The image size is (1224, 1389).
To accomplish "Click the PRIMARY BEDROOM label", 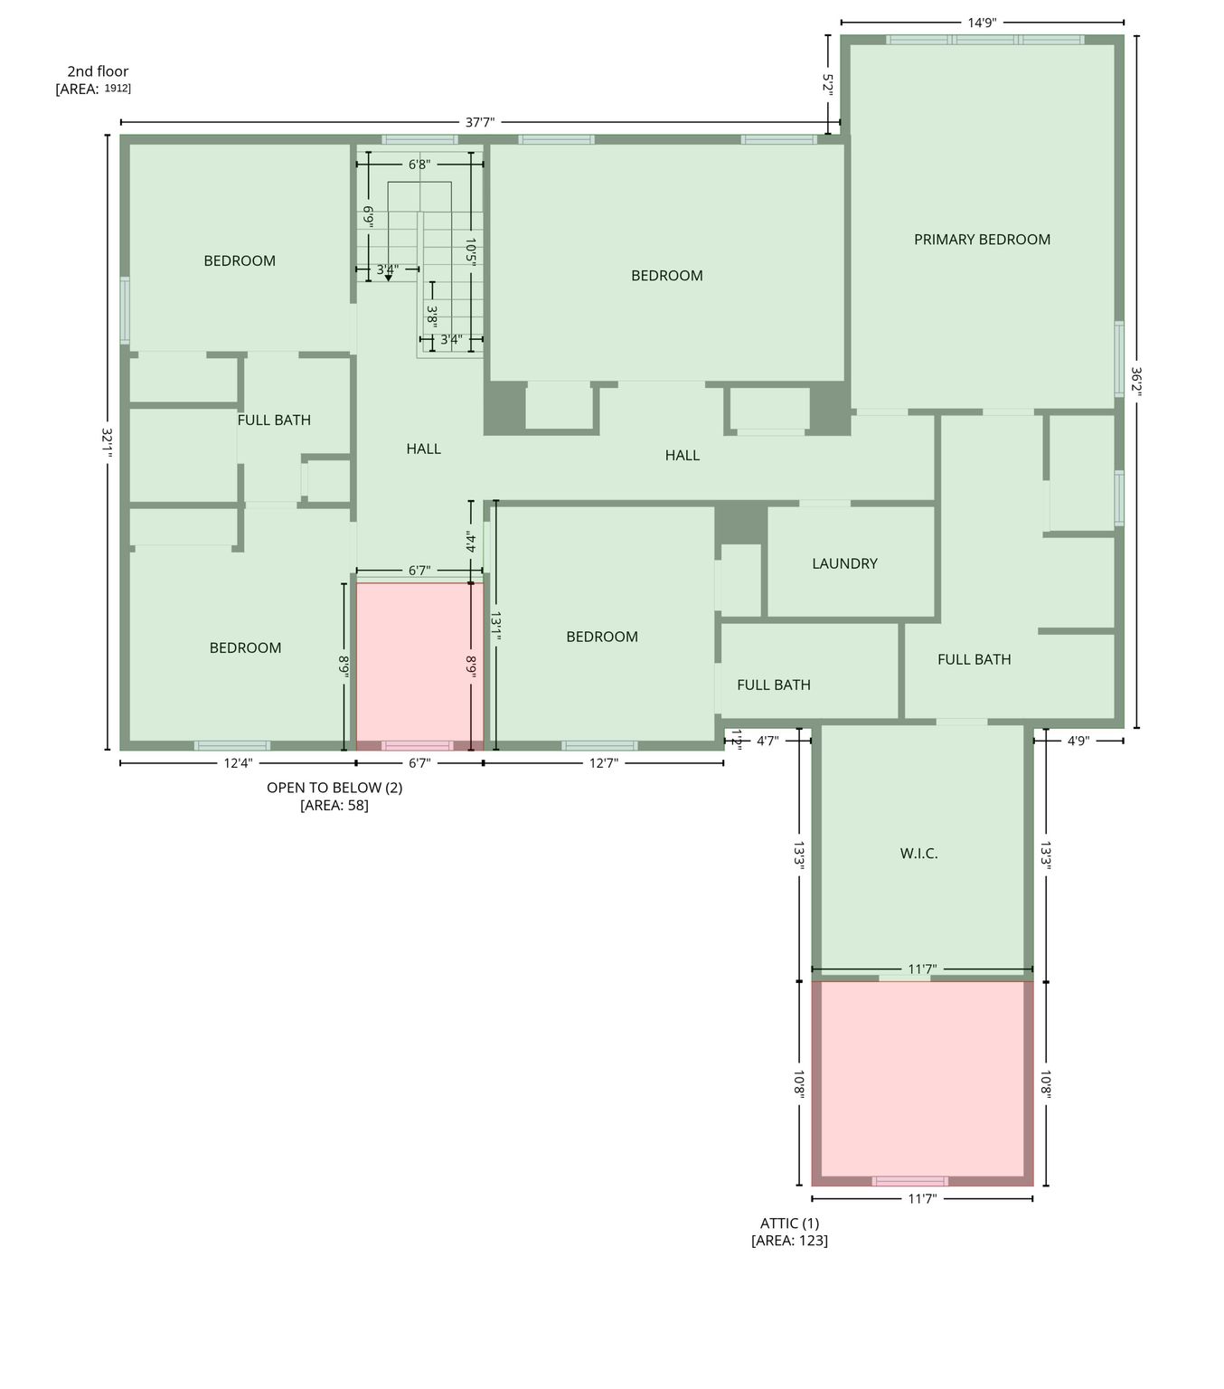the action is (x=982, y=240).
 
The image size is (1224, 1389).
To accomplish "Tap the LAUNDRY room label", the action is (x=844, y=563).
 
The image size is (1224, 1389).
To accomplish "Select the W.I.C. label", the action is (x=918, y=854).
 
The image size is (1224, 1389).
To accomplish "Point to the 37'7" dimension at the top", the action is (x=480, y=123).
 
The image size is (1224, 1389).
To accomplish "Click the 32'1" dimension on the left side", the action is (x=107, y=443).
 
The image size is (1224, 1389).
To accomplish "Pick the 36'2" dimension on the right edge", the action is (x=1135, y=382).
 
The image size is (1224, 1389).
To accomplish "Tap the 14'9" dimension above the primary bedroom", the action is (x=982, y=23).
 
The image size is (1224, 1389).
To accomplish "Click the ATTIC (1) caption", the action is (x=789, y=1224).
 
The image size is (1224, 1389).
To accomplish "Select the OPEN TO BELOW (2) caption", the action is (x=334, y=788).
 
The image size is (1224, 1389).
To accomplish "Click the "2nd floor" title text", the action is (x=98, y=71).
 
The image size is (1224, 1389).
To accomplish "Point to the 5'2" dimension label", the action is (x=827, y=85).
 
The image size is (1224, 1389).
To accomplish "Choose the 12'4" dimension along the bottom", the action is (x=238, y=763).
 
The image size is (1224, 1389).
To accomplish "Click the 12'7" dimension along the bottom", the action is (x=603, y=763).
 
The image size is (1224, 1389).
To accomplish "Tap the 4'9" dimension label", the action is (x=1078, y=741).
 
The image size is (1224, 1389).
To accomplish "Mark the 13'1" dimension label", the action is (x=495, y=626).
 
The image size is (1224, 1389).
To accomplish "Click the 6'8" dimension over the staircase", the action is (x=419, y=165).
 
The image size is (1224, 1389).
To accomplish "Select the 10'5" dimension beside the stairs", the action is (x=470, y=251).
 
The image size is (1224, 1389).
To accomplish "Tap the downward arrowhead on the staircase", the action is (x=388, y=278).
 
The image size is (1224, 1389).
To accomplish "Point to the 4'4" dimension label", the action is (x=470, y=542).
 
